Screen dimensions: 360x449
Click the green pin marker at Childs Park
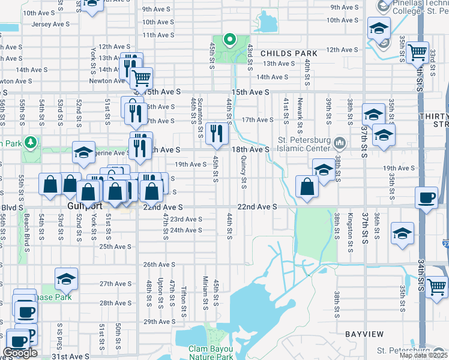tap(229, 40)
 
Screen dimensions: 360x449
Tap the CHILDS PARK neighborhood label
tap(289, 53)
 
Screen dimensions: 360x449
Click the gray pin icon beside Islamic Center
tap(340, 143)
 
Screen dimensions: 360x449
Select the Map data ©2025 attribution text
tap(423, 355)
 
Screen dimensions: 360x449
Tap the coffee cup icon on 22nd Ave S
tap(427, 199)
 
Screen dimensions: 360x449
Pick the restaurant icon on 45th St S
tap(216, 134)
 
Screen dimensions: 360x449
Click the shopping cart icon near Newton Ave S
tap(141, 79)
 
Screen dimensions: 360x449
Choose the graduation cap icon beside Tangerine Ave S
tap(84, 152)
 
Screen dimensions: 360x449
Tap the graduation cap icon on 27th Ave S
tap(66, 279)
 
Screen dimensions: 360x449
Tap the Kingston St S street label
tap(351, 227)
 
